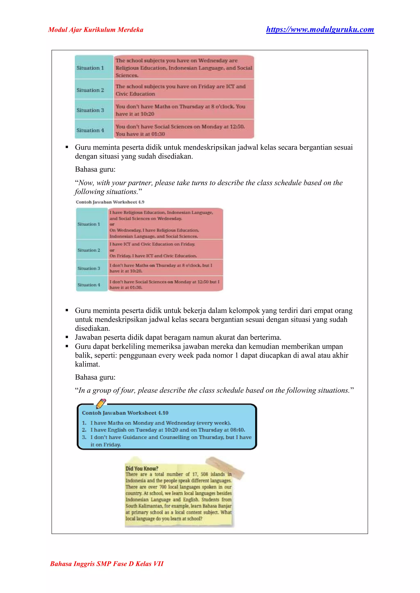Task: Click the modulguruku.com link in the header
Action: coord(320,30)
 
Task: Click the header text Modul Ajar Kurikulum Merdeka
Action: coord(96,30)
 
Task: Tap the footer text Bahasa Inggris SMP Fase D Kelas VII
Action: coord(107,563)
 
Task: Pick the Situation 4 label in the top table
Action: coord(90,130)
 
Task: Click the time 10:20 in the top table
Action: coord(147,114)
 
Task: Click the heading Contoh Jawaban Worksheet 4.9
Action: coord(110,202)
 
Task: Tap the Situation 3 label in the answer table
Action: coord(89,268)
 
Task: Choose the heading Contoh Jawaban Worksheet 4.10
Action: coord(125,413)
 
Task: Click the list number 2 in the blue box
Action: coord(84,430)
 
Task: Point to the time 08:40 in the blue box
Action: coord(237,430)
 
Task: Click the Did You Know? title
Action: coord(142,468)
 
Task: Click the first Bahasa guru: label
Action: coord(95,169)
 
